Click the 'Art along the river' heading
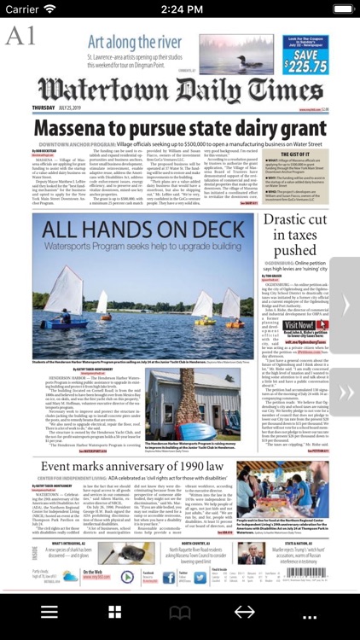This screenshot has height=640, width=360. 136,42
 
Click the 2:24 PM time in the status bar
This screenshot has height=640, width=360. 180,9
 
